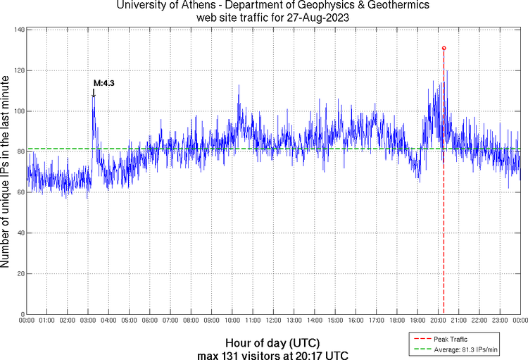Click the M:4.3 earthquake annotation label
click(103, 83)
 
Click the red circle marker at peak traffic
click(444, 48)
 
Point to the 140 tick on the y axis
click(19, 30)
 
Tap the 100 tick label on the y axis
click(19, 111)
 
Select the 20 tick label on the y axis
click(20, 273)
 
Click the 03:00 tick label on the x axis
click(88, 321)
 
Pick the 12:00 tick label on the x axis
click(273, 321)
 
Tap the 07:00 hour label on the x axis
click(170, 321)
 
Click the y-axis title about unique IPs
click(6, 172)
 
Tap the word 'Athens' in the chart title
click(182, 6)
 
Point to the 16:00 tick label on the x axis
click(356, 321)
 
